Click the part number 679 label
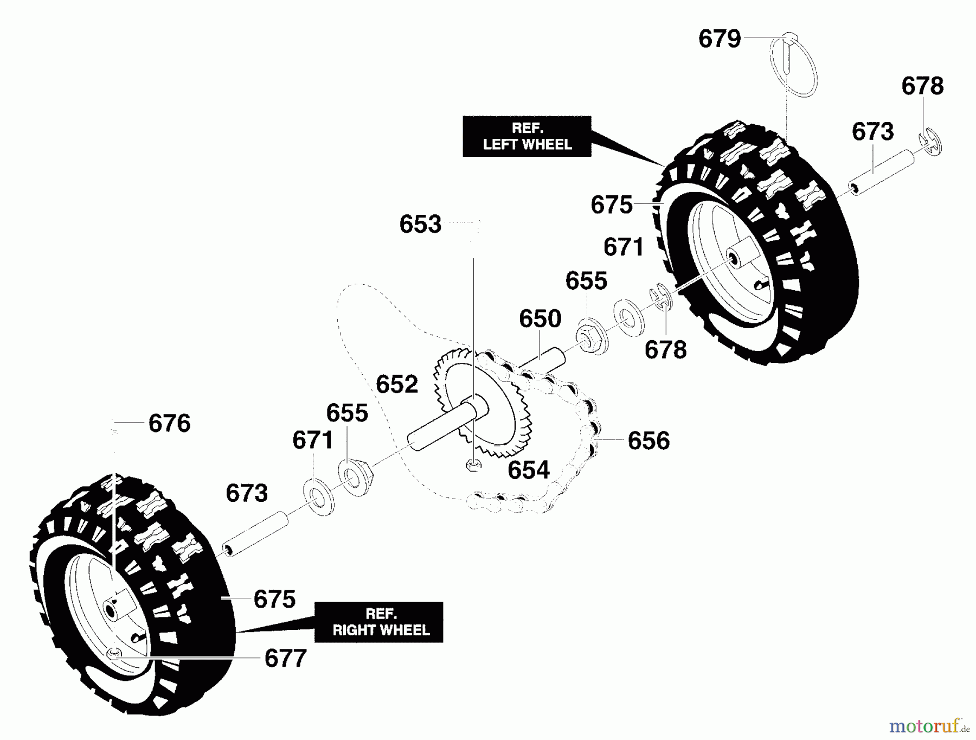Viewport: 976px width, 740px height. click(x=720, y=39)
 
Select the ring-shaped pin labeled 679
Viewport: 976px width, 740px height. click(x=793, y=65)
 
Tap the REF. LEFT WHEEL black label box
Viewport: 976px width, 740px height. click(x=526, y=137)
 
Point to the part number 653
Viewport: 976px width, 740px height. click(x=420, y=224)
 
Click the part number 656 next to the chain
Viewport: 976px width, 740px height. click(x=648, y=441)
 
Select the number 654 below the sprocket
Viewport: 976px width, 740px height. click(x=529, y=470)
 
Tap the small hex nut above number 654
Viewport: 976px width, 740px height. click(x=473, y=465)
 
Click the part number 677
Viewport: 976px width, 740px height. click(x=285, y=659)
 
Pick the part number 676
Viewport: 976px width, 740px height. click(x=169, y=423)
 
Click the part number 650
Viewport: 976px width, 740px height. click(x=540, y=318)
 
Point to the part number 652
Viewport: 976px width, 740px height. click(x=397, y=384)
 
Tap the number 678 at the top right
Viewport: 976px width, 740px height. click(x=922, y=86)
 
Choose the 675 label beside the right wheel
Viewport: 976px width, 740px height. click(x=274, y=599)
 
